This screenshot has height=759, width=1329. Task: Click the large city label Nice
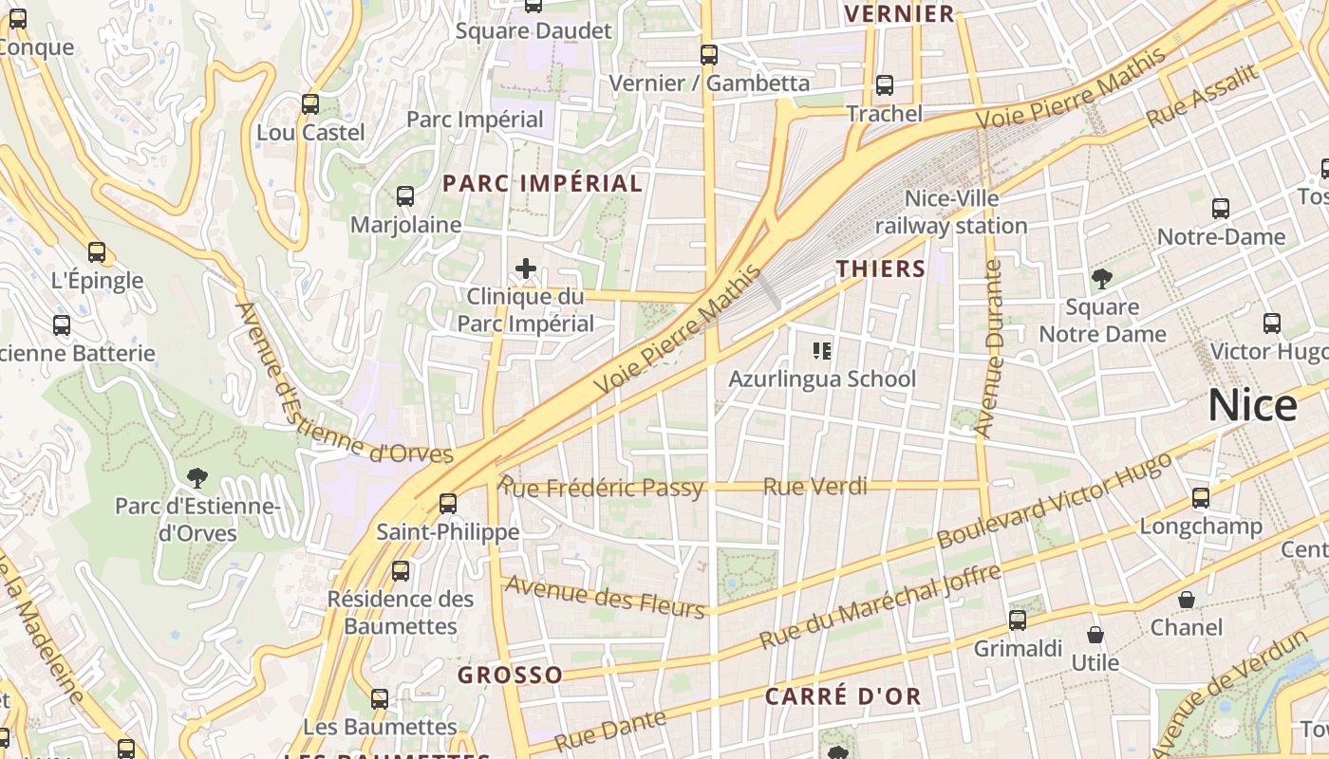coord(1252,406)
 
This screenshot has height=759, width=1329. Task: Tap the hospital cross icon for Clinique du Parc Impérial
coord(526,268)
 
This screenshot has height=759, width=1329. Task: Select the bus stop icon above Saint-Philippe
coord(448,503)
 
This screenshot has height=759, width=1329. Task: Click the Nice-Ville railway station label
coord(951,213)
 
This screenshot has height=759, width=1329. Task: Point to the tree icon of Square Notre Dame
coord(1102,279)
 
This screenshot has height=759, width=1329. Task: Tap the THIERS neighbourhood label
coord(881,268)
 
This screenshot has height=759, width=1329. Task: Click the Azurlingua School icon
coord(822,351)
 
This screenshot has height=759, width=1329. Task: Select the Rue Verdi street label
coord(815,487)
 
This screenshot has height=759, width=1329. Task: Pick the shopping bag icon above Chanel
coord(1187,600)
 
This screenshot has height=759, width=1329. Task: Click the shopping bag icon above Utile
coord(1095,635)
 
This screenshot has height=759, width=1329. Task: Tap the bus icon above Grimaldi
coord(1018,620)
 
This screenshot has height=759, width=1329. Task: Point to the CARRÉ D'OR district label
coord(843,696)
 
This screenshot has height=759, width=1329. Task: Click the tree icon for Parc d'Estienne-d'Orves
coord(197,477)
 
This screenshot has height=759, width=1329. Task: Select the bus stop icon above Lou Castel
coord(310,104)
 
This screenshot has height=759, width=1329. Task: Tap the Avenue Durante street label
coord(989,349)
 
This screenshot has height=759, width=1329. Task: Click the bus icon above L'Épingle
coord(97,252)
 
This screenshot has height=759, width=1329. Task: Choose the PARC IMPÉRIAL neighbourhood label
coord(543,183)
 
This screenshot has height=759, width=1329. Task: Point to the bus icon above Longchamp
coord(1201,497)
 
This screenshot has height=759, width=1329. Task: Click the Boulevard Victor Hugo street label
coord(1054,500)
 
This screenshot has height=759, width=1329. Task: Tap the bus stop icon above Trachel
coord(885,85)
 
